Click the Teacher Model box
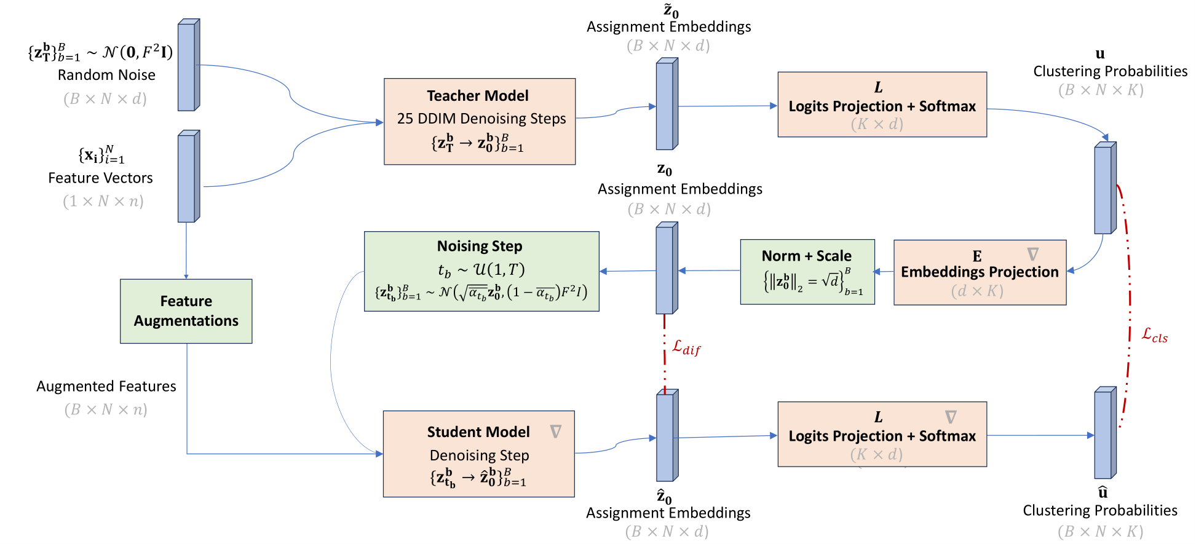coord(480,121)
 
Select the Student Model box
coord(478,454)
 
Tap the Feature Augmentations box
coord(186,311)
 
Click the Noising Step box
coord(481,271)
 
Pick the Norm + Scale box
coord(807,272)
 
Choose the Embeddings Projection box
coord(980,272)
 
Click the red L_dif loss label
coord(686,348)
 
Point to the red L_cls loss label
coord(1154,335)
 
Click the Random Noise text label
coord(106,75)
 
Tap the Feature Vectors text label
coord(100,178)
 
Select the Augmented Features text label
coord(106,387)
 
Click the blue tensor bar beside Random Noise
coord(188,65)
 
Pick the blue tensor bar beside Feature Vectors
coord(188,176)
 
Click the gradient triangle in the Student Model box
coord(556,432)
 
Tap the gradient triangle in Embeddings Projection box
coord(1033,254)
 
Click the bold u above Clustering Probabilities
coord(1100,54)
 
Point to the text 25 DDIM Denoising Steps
coord(481,119)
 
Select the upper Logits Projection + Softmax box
coord(882,104)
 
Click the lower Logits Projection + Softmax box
coord(882,435)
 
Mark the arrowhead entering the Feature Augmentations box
coord(186,277)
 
